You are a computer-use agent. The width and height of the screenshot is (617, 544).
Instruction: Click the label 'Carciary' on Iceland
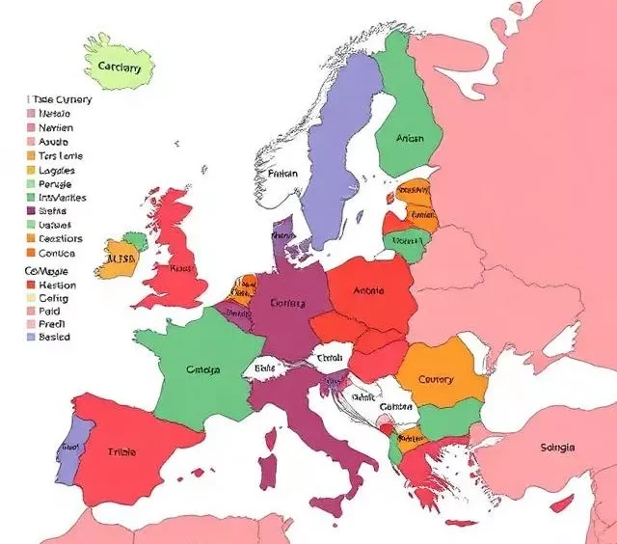pos(120,68)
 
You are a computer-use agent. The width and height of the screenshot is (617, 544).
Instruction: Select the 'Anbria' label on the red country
pos(369,290)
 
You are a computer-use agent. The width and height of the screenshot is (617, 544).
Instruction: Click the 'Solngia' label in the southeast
pos(558,448)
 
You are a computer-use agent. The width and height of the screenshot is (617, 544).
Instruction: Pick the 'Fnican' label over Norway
pos(283,175)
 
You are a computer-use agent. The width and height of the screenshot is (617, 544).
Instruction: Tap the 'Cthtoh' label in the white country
pos(330,358)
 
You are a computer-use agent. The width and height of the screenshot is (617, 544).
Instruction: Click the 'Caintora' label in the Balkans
pos(395,407)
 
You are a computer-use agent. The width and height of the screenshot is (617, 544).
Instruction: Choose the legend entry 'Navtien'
pos(56,127)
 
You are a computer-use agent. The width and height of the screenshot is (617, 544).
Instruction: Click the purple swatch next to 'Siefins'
pos(30,211)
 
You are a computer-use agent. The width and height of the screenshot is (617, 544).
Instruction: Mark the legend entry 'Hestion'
pos(57,286)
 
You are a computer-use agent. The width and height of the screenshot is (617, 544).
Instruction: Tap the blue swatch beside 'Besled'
pos(30,338)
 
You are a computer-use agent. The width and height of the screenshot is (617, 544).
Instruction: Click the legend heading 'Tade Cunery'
pos(62,99)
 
